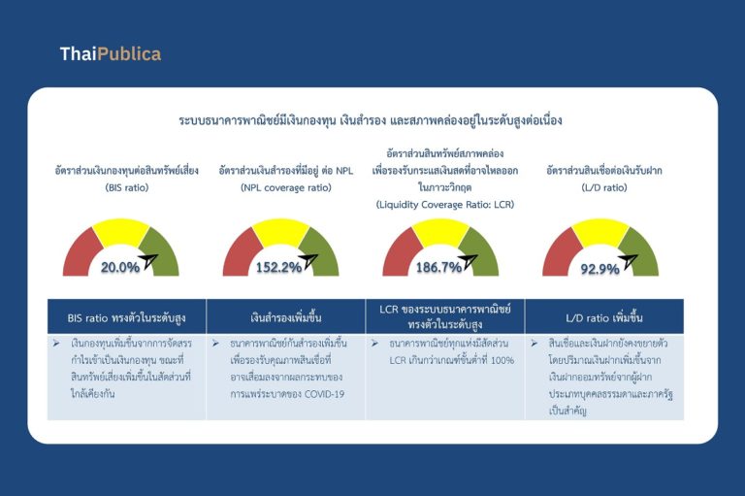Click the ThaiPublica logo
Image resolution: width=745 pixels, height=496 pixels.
(x=111, y=53)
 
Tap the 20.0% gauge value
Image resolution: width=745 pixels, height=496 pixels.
(x=120, y=267)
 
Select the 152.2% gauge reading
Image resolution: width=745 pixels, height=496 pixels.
(x=279, y=267)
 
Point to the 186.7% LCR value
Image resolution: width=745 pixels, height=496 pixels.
(x=439, y=267)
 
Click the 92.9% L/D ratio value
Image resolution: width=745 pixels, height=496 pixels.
(x=600, y=269)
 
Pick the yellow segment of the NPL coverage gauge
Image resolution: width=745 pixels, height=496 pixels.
(x=280, y=232)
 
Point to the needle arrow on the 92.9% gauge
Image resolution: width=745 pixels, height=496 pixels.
(x=628, y=261)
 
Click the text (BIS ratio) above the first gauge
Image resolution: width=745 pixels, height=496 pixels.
(x=127, y=188)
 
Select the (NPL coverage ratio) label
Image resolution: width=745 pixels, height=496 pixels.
(x=286, y=188)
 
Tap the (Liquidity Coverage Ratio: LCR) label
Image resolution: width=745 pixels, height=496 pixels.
(x=445, y=205)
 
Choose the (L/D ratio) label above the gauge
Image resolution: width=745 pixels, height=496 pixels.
(x=604, y=188)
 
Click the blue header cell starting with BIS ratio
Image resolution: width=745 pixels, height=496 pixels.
(x=127, y=316)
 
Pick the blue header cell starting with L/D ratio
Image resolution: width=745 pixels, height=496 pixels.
(x=604, y=316)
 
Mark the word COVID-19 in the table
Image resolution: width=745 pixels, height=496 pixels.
(x=325, y=394)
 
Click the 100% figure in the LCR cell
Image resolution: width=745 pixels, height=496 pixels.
(x=502, y=360)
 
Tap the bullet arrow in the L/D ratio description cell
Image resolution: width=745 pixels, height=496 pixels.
(x=534, y=343)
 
